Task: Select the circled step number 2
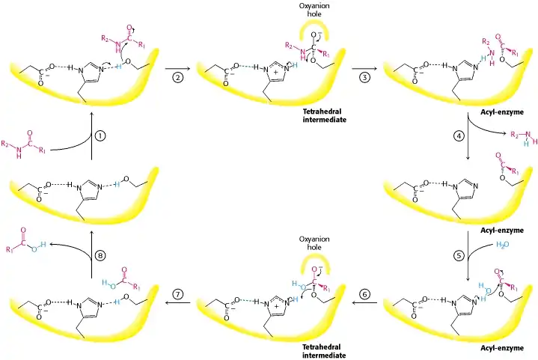point(177,78)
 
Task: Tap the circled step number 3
point(364,78)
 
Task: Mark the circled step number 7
point(177,296)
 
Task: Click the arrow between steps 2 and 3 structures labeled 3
point(364,67)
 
